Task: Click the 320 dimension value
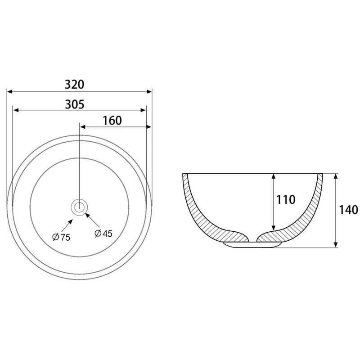[74, 84]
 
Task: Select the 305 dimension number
[75, 104]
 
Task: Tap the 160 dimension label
[112, 121]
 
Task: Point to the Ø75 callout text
[61, 237]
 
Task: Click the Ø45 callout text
[103, 234]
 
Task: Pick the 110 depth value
[286, 199]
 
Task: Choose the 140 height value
[348, 210]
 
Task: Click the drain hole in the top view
[79, 207]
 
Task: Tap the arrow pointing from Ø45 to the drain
[93, 220]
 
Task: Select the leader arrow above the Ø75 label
[67, 225]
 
